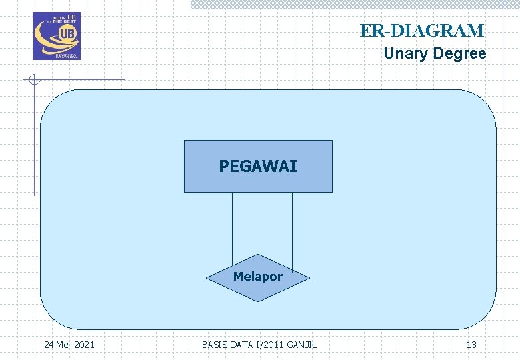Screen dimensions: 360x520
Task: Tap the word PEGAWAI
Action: (x=258, y=166)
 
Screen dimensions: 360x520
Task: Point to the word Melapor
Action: (x=258, y=277)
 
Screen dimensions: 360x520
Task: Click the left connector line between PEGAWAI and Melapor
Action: (x=232, y=227)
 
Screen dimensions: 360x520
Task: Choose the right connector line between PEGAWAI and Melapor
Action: (x=292, y=227)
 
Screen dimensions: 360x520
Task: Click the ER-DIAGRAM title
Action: (x=422, y=31)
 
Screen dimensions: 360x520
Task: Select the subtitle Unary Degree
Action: (x=435, y=54)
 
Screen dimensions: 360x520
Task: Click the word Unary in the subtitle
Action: (x=405, y=54)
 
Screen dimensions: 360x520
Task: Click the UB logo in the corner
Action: (x=57, y=36)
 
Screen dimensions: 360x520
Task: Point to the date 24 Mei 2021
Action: (x=69, y=345)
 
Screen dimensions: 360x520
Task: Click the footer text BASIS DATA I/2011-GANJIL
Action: (x=259, y=345)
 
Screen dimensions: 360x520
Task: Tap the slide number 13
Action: (x=471, y=345)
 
